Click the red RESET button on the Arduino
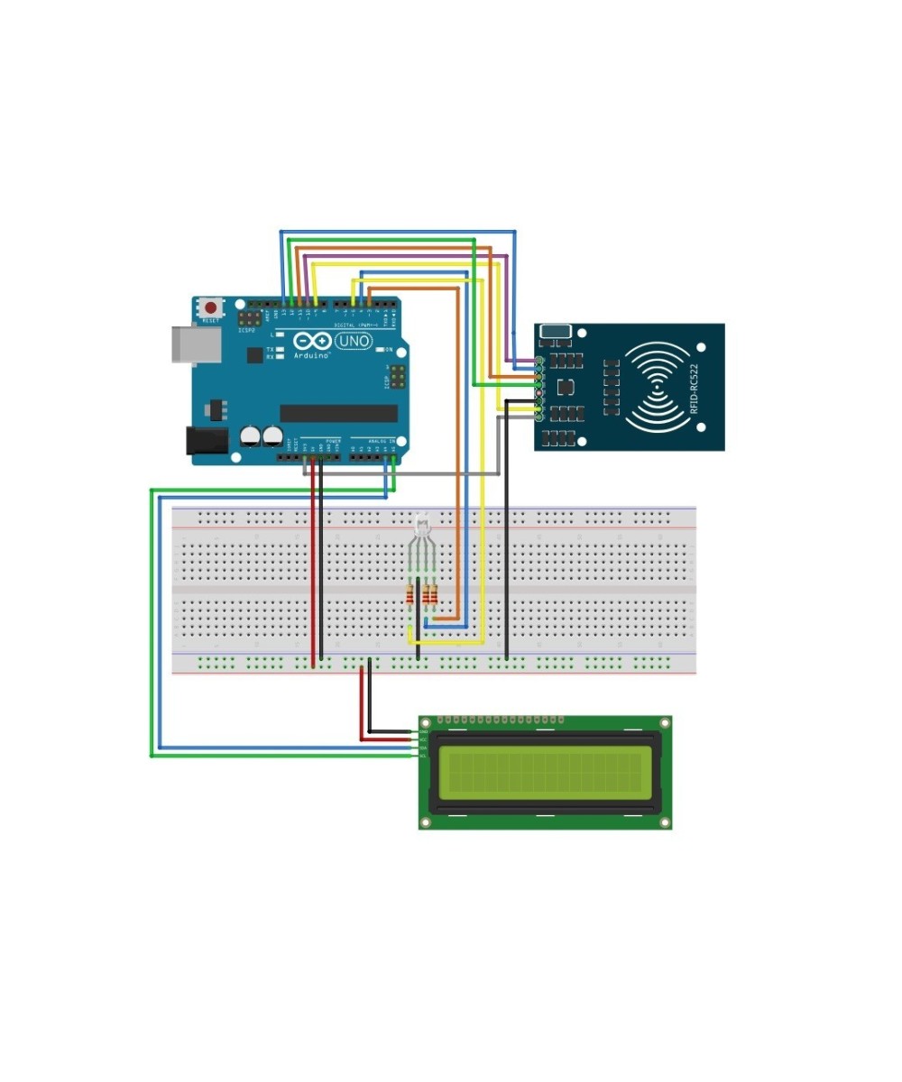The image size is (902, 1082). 211,307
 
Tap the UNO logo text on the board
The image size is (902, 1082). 354,342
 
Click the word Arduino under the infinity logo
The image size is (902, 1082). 311,356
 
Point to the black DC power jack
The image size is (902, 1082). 203,440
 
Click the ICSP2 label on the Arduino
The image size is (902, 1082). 247,331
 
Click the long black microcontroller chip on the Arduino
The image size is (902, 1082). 338,413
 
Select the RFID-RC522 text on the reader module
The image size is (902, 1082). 694,389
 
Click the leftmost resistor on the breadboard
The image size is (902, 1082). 411,594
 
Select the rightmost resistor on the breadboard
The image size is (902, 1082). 434,594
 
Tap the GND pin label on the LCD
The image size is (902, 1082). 424,731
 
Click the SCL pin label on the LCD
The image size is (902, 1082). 424,756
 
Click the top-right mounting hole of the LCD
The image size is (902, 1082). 665,723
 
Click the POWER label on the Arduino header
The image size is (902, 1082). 333,442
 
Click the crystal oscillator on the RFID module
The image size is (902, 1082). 555,332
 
